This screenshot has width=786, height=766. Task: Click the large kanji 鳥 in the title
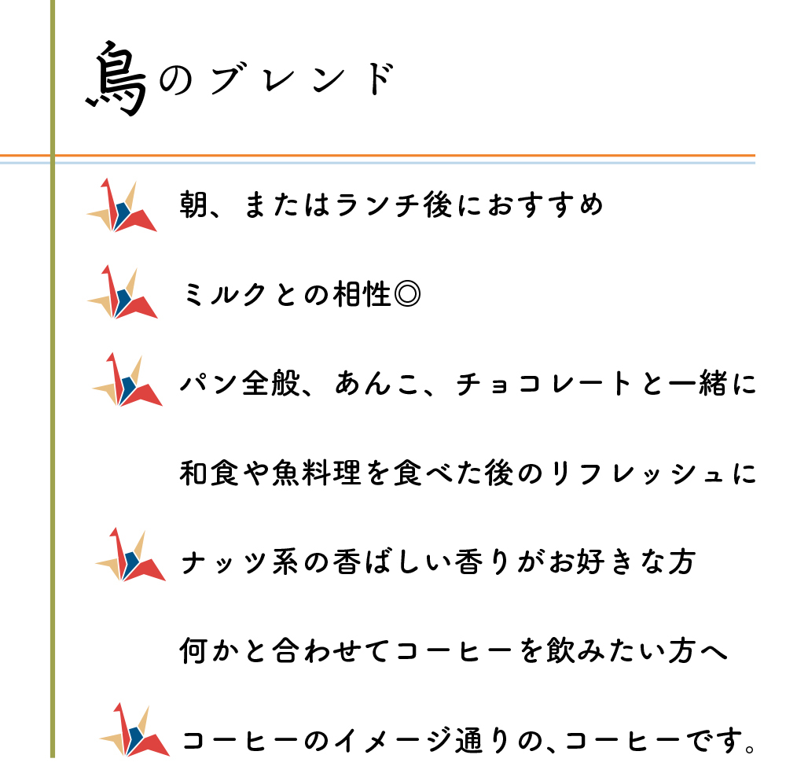[x=118, y=79]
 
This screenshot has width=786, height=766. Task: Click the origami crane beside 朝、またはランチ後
[x=122, y=205]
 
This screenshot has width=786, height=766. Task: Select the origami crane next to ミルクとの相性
[x=123, y=292]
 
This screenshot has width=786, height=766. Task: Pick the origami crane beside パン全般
[x=127, y=379]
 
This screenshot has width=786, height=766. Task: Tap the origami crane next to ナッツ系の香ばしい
[x=130, y=554]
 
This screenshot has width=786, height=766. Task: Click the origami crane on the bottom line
[x=134, y=729]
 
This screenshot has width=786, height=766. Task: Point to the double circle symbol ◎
[x=407, y=294]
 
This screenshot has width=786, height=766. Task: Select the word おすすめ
[x=545, y=205]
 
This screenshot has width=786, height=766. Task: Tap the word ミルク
[x=224, y=294]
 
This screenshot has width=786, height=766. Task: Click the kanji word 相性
[x=362, y=294]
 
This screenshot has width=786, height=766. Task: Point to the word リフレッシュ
[x=637, y=473]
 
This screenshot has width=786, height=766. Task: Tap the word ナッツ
[x=224, y=562]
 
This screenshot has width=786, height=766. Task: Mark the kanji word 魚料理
[x=316, y=473]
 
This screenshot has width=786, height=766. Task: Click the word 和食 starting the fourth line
[x=210, y=473]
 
